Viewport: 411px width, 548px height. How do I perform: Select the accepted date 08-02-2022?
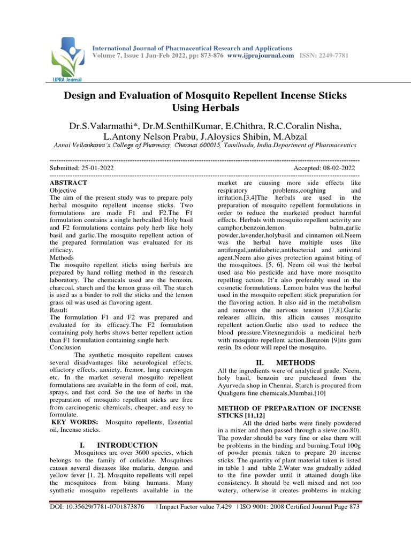[x=338, y=168]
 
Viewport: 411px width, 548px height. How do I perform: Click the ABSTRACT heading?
[x=68, y=182]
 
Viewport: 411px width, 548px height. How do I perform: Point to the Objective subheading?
[x=63, y=190]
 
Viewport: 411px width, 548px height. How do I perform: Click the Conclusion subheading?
[x=65, y=347]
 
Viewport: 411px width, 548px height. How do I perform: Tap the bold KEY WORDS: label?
[x=74, y=422]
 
